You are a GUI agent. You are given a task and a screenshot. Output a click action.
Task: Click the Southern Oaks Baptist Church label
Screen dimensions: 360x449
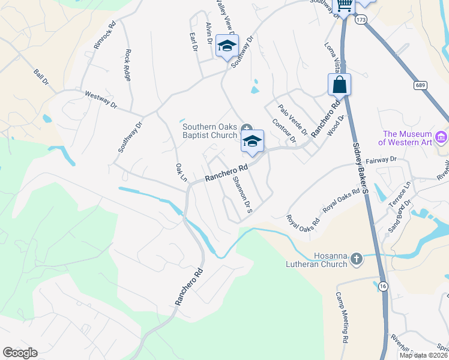[x=209, y=130]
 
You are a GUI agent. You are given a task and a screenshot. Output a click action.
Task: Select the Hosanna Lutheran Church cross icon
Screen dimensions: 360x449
[x=357, y=259]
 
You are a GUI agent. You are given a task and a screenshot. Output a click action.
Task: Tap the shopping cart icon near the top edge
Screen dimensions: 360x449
[x=344, y=5]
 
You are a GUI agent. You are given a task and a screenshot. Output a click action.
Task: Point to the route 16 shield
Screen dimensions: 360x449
[x=382, y=286]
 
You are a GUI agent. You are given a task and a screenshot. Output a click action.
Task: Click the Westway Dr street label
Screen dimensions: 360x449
[x=100, y=99]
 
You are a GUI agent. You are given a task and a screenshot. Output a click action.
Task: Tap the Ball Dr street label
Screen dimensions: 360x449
[x=40, y=77]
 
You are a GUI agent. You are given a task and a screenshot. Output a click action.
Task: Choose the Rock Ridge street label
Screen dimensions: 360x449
[x=127, y=64]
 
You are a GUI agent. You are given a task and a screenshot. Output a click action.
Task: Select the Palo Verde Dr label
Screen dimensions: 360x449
[x=293, y=119]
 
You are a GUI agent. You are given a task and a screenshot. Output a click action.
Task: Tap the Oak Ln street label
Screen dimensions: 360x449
[x=181, y=172]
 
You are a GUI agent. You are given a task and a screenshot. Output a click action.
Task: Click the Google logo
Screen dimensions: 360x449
[x=20, y=353]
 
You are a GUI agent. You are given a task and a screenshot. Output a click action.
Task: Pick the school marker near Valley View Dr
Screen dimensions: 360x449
[x=227, y=46]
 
